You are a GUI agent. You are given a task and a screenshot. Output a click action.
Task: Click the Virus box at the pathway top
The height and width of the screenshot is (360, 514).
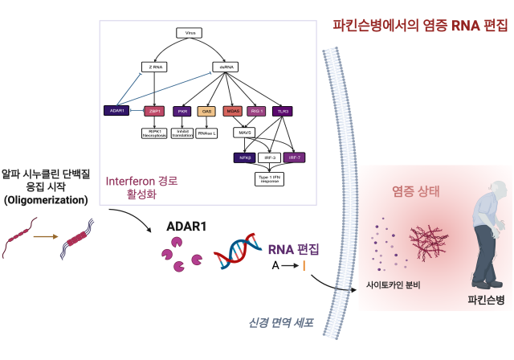[190, 34]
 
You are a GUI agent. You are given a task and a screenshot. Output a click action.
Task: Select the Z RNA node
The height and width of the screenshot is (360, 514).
[153, 67]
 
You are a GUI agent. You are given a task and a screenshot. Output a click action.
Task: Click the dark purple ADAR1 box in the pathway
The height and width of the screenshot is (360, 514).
[116, 110]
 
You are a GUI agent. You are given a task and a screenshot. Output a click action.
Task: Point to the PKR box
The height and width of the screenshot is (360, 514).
[182, 111]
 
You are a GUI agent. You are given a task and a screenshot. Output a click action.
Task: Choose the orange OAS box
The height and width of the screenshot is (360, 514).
[206, 111]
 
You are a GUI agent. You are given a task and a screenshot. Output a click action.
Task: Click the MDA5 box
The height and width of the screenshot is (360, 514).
[234, 111]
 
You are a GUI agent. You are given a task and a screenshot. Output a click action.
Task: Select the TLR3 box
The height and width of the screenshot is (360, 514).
[282, 111]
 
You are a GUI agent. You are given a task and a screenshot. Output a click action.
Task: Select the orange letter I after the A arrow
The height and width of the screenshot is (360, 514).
[304, 265]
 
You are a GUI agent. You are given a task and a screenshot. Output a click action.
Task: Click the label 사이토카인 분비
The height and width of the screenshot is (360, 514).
[394, 285]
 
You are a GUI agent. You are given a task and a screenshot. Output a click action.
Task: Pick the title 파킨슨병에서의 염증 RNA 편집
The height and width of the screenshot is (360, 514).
[420, 25]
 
